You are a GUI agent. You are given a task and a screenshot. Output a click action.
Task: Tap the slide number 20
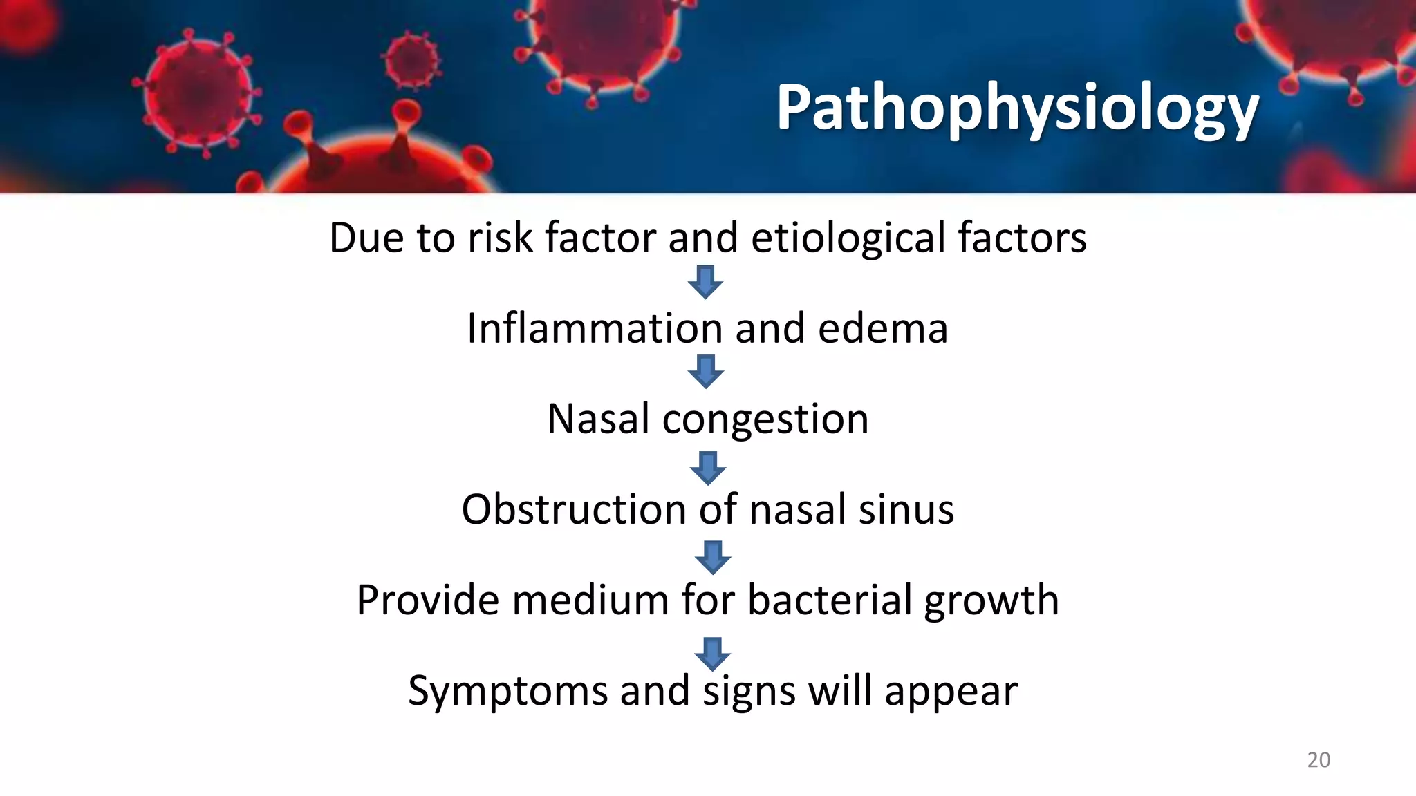[1319, 760]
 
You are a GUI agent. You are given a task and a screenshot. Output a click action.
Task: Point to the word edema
[882, 328]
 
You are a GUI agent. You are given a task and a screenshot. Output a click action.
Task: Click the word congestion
[765, 419]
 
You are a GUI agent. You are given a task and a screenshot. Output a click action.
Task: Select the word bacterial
[830, 600]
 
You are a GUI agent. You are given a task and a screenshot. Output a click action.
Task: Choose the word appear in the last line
[951, 691]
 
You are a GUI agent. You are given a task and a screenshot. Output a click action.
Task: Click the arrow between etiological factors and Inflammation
[705, 282]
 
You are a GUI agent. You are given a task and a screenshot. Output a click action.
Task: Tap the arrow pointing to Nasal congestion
[706, 372]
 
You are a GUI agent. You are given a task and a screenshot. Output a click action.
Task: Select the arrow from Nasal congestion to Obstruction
[708, 468]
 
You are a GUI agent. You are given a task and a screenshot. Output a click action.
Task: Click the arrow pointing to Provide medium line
[713, 557]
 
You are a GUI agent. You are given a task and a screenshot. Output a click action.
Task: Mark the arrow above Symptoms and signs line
[713, 653]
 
